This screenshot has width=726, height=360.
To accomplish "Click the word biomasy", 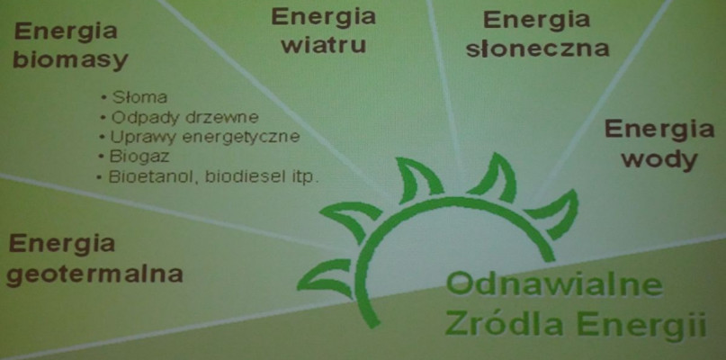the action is point(70,60).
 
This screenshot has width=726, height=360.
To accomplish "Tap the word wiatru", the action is point(324,45).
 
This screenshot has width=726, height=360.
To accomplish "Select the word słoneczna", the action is point(537,49).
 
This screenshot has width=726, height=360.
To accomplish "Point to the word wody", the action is point(659,159).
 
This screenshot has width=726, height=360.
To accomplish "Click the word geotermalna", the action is point(94,274).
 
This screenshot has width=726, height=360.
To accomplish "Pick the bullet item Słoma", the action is point(139,98).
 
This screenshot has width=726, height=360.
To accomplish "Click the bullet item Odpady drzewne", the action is point(184,117).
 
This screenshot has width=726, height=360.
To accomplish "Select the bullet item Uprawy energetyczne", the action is point(205,138).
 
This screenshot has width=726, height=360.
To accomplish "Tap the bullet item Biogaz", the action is point(139,157).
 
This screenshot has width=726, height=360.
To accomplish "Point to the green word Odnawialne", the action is point(554,284).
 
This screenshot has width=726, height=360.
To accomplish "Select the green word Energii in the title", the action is point(641,325).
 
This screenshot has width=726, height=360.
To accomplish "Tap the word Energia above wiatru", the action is point(323,17).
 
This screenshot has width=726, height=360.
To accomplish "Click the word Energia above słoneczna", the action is point(537,20).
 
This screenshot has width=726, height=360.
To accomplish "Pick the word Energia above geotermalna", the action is point(61,243).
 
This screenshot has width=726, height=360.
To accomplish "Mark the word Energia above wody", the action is point(659,129).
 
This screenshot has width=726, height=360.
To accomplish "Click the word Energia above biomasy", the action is point(66,32).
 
